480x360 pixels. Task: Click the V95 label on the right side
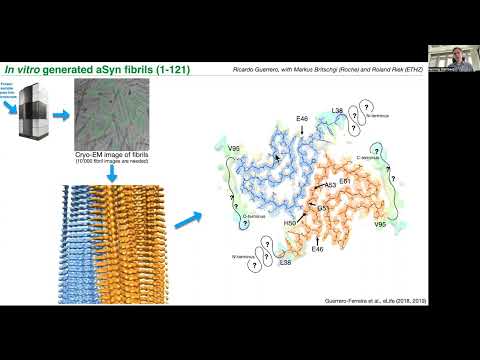point(380,226)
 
